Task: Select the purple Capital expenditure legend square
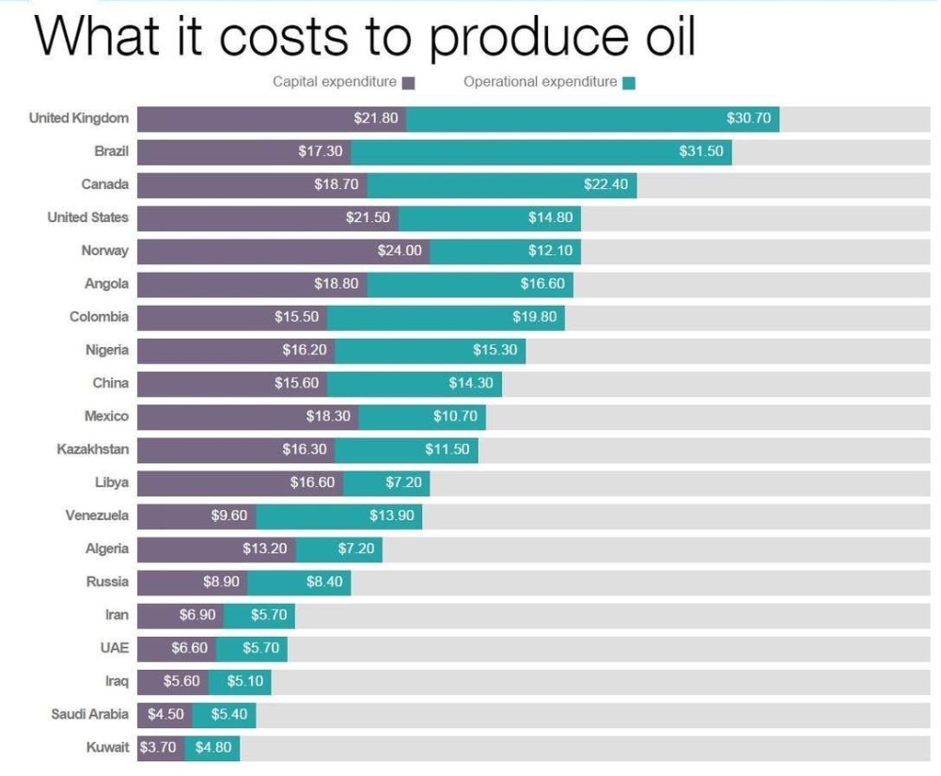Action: tap(409, 83)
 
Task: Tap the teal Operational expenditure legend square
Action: tap(629, 83)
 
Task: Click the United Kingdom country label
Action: tap(79, 119)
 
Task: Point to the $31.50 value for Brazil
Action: tap(701, 151)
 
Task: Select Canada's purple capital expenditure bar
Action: tap(253, 185)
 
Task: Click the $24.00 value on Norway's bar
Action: tap(400, 250)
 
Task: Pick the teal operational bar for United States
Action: tap(490, 218)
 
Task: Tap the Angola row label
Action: tap(107, 283)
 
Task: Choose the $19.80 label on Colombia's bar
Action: tap(534, 317)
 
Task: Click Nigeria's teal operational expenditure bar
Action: tap(431, 350)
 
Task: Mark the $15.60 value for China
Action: tap(296, 383)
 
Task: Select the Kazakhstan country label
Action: tap(93, 450)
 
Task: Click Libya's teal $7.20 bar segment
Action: tap(386, 483)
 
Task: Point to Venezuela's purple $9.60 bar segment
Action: tap(196, 516)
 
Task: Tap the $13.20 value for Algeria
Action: tap(265, 548)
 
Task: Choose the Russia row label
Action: tap(107, 581)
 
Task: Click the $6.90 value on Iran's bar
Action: tap(197, 615)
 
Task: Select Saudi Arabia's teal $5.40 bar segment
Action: tap(225, 715)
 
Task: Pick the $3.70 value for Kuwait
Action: tap(158, 747)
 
